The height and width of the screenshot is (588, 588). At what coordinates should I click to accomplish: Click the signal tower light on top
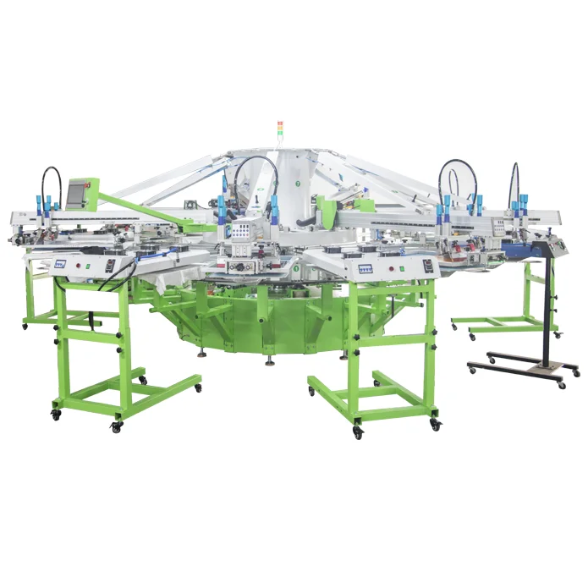coord(280,129)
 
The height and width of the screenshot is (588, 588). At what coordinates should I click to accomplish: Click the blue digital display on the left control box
coord(60,263)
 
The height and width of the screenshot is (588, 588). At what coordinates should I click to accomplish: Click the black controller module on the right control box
coord(427,265)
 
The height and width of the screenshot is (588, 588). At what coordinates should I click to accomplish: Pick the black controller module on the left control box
coord(110,265)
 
